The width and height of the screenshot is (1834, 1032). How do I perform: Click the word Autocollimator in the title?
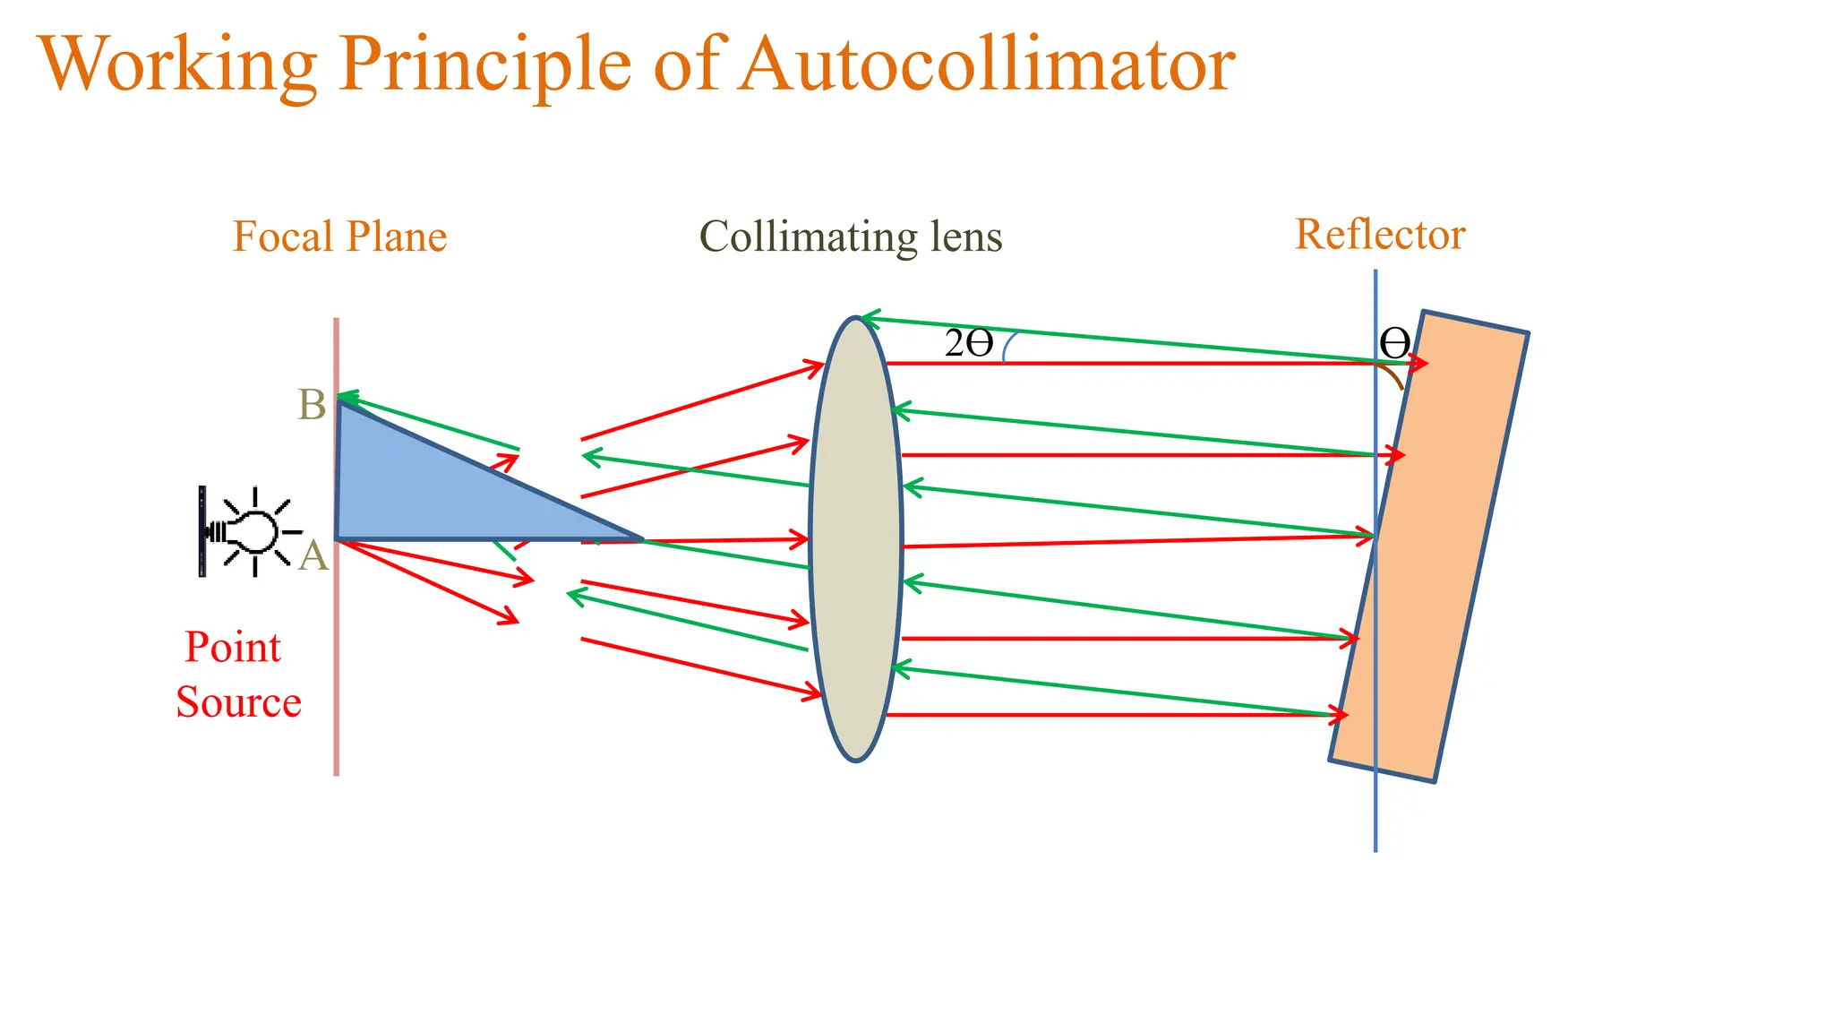click(987, 64)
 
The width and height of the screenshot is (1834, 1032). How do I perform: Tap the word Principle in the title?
click(484, 64)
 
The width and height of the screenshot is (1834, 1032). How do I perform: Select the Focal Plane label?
click(339, 237)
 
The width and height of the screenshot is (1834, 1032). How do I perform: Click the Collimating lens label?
click(850, 237)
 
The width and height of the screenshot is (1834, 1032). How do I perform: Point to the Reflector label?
click(1379, 235)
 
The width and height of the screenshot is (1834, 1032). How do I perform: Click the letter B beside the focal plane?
click(312, 405)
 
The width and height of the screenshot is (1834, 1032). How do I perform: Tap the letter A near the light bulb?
click(313, 556)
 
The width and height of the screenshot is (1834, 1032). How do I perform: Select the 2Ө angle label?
click(969, 344)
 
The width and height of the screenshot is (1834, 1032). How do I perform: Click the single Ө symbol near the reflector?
click(1394, 343)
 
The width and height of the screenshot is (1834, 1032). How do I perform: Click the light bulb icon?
click(253, 532)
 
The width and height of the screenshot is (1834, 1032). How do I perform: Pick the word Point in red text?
click(233, 647)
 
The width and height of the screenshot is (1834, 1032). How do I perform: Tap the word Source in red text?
click(238, 701)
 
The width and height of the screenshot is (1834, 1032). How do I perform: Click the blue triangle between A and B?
click(421, 493)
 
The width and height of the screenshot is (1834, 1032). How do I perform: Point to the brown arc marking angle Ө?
click(1393, 374)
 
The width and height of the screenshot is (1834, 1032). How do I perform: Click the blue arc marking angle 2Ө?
click(1008, 347)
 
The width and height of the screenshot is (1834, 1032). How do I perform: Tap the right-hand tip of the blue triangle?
click(640, 539)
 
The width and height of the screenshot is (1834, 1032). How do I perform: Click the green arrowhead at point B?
click(345, 397)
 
